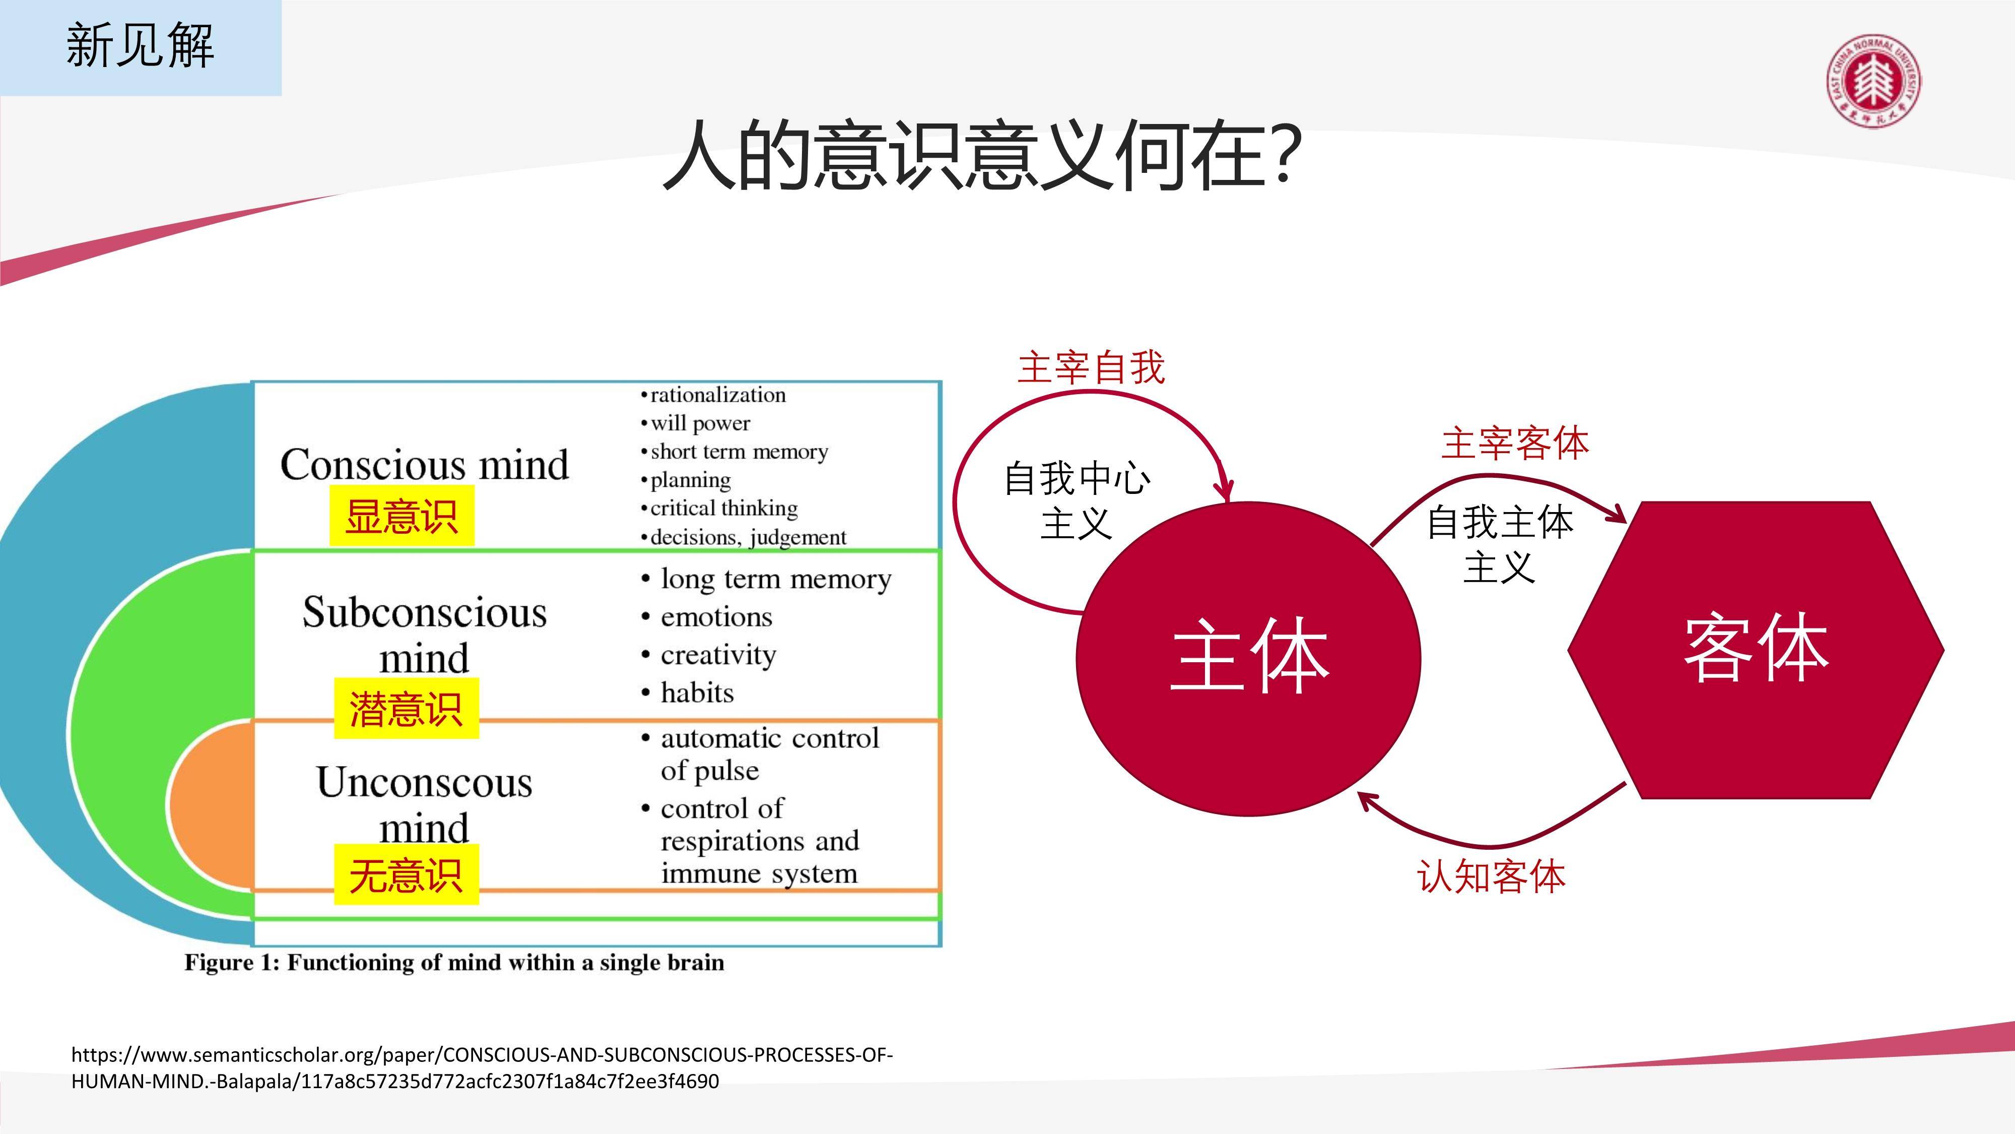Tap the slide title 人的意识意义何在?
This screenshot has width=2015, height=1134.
[982, 154]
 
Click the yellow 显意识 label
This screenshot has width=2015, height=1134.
[401, 516]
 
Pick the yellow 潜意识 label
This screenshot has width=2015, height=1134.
[406, 708]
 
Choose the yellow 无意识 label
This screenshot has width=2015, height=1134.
[406, 874]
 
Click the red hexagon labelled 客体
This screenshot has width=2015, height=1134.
[1756, 650]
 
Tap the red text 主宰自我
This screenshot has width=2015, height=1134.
[1091, 368]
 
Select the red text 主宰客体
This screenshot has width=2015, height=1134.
[1515, 444]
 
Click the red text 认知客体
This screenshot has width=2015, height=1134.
[1492, 876]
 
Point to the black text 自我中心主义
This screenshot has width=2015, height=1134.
[1077, 501]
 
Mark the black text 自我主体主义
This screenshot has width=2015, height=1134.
[1500, 544]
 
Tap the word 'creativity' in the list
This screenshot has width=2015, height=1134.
[718, 654]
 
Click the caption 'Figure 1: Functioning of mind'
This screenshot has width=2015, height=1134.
[454, 963]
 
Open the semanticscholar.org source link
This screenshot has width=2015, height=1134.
[482, 1067]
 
